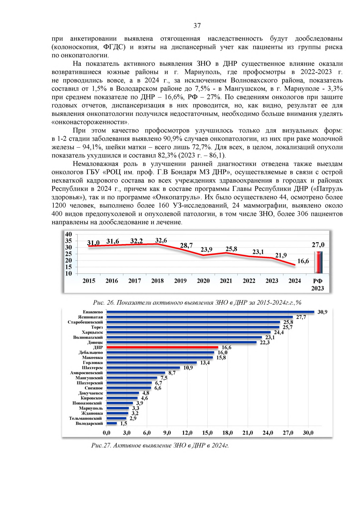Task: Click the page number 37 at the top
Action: click(x=197, y=26)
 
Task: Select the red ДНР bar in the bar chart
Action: click(x=162, y=347)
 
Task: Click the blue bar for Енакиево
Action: click(x=210, y=312)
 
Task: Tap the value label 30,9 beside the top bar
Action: click(x=322, y=312)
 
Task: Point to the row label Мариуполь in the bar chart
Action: click(x=91, y=408)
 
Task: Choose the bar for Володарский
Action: click(x=112, y=424)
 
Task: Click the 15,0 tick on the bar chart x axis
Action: click(x=207, y=433)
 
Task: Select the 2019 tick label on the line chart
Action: click(x=180, y=281)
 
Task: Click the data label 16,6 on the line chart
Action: click(x=303, y=261)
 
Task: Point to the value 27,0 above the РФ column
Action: click(x=318, y=245)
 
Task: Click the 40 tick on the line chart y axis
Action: click(x=69, y=234)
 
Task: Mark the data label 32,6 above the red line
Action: click(x=161, y=241)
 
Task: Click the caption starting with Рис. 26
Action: click(x=197, y=303)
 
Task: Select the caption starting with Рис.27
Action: click(x=160, y=445)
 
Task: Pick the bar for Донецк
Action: click(x=181, y=342)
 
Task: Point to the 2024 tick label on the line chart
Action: click(x=295, y=281)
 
